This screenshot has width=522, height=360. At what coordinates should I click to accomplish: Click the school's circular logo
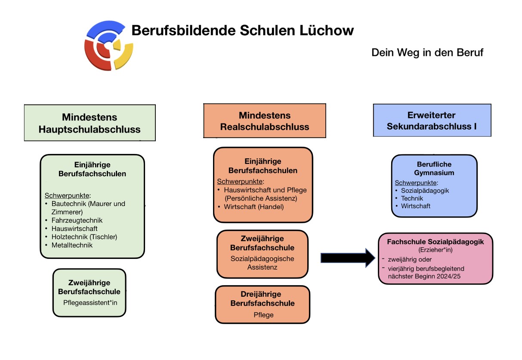click(108, 45)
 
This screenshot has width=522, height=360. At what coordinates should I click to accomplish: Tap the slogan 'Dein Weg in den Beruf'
click(427, 52)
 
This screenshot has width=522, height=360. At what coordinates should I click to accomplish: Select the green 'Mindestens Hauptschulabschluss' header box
click(90, 123)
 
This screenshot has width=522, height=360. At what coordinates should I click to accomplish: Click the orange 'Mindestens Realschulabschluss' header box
click(265, 121)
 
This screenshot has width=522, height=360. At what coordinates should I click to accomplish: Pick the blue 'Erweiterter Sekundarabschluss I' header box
click(432, 120)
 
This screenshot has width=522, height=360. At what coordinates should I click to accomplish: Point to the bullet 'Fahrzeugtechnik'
click(77, 220)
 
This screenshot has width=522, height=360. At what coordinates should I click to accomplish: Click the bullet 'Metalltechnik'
click(72, 245)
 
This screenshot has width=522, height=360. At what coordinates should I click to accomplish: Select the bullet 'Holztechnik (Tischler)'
click(84, 237)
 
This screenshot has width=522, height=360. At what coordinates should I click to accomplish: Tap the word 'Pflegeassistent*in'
click(90, 302)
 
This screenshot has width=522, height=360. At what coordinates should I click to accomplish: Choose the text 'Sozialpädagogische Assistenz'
click(262, 263)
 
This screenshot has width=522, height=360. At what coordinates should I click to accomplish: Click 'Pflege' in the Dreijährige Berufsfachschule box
click(263, 315)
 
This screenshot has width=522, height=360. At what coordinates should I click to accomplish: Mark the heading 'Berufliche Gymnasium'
click(434, 169)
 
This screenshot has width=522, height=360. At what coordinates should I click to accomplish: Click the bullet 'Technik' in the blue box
click(412, 198)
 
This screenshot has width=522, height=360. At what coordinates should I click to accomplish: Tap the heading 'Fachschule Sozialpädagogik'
click(435, 242)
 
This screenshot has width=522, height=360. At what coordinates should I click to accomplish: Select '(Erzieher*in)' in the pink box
click(435, 250)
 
